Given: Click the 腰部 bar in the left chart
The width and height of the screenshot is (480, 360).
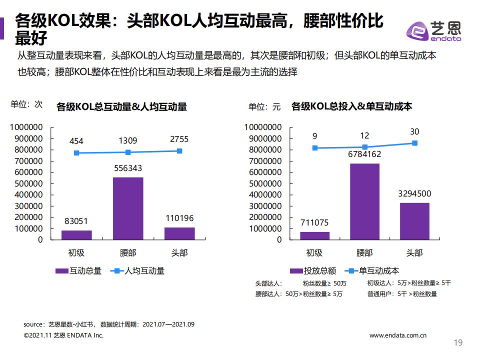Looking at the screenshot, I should pos(128,208).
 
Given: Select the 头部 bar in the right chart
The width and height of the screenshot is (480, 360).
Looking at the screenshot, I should pos(414,220).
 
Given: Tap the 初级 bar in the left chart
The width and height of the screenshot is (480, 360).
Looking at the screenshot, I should pos(76,234).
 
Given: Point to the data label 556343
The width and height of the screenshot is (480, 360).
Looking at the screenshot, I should pos(128,168).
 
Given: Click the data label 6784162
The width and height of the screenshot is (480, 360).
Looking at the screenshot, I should pos(364,154).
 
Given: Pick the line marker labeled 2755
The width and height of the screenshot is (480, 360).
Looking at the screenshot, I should pos(179,151).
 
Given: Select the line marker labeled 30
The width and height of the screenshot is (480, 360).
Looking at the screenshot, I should pos(414,143).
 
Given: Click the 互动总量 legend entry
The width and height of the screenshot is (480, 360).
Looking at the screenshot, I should pos(78,270).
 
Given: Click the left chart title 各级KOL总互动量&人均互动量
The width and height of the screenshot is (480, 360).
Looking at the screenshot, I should pos(121,106).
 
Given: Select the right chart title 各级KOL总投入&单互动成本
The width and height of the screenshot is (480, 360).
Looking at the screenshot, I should pos(351,106).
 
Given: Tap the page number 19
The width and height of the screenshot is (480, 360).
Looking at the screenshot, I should pos(457,343).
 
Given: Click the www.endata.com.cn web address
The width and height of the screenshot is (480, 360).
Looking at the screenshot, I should pos(397,335).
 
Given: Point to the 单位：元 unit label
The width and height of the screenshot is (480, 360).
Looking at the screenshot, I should pos(265,106).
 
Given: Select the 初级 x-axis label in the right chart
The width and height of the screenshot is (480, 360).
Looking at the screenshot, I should pos(314,252).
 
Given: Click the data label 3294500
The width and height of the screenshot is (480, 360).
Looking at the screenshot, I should pos(414,194).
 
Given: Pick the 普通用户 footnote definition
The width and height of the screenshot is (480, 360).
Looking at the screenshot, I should pos(402,294).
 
